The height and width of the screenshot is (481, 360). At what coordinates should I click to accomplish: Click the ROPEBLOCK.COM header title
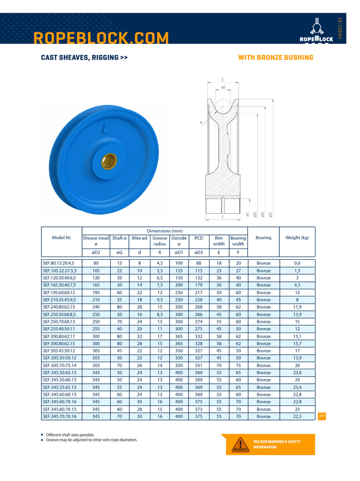(101, 38)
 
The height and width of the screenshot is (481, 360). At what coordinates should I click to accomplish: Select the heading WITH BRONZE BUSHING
(276, 58)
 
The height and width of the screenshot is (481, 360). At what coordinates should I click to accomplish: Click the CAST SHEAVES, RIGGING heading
(84, 58)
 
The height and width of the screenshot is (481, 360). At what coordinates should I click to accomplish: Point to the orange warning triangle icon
(240, 445)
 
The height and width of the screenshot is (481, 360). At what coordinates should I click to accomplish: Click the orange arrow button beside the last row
(322, 416)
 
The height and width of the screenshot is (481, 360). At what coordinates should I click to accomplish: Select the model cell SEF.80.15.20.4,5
(62, 264)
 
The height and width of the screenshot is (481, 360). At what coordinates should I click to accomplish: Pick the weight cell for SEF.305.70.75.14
(297, 365)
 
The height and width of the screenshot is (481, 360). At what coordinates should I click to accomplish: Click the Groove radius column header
(159, 241)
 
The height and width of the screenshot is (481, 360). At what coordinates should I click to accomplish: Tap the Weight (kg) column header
(297, 238)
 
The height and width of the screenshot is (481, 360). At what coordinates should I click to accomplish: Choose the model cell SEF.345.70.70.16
(62, 416)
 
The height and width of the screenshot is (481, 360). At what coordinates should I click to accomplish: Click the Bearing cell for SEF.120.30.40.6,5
(263, 278)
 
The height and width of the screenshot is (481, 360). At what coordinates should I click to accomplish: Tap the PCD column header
(198, 238)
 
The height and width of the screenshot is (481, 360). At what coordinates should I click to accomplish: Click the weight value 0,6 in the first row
(297, 264)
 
